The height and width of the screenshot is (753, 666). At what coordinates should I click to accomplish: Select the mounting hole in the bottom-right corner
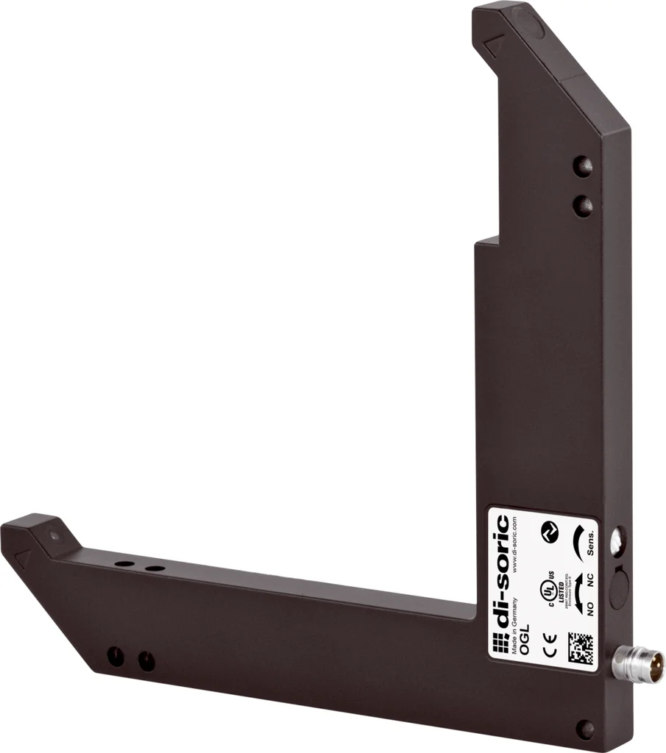coord(585,729)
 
